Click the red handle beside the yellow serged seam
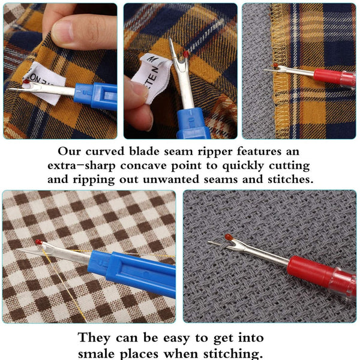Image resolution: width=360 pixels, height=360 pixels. click(x=333, y=77)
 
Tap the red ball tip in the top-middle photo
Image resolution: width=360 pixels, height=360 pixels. click(x=187, y=54)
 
